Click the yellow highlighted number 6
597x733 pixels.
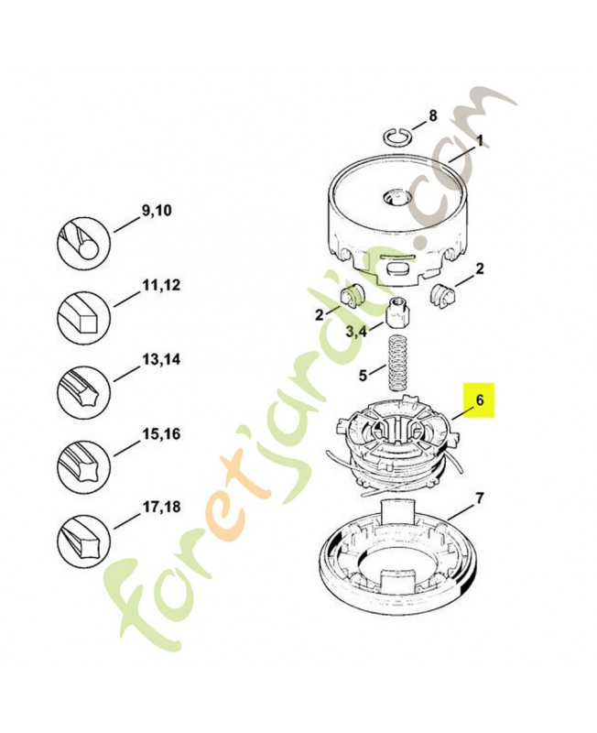tap(479, 400)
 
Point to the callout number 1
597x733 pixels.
tap(479, 140)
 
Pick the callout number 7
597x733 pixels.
tap(479, 498)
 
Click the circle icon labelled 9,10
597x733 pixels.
tap(83, 244)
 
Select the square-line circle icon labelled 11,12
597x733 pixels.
tap(83, 316)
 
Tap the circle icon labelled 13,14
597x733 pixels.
tap(83, 391)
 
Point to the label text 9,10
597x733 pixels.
tap(156, 211)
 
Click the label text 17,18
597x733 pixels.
tap(160, 507)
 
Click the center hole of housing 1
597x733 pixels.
tap(395, 197)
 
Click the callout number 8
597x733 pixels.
tap(432, 115)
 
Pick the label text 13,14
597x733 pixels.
tap(160, 360)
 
